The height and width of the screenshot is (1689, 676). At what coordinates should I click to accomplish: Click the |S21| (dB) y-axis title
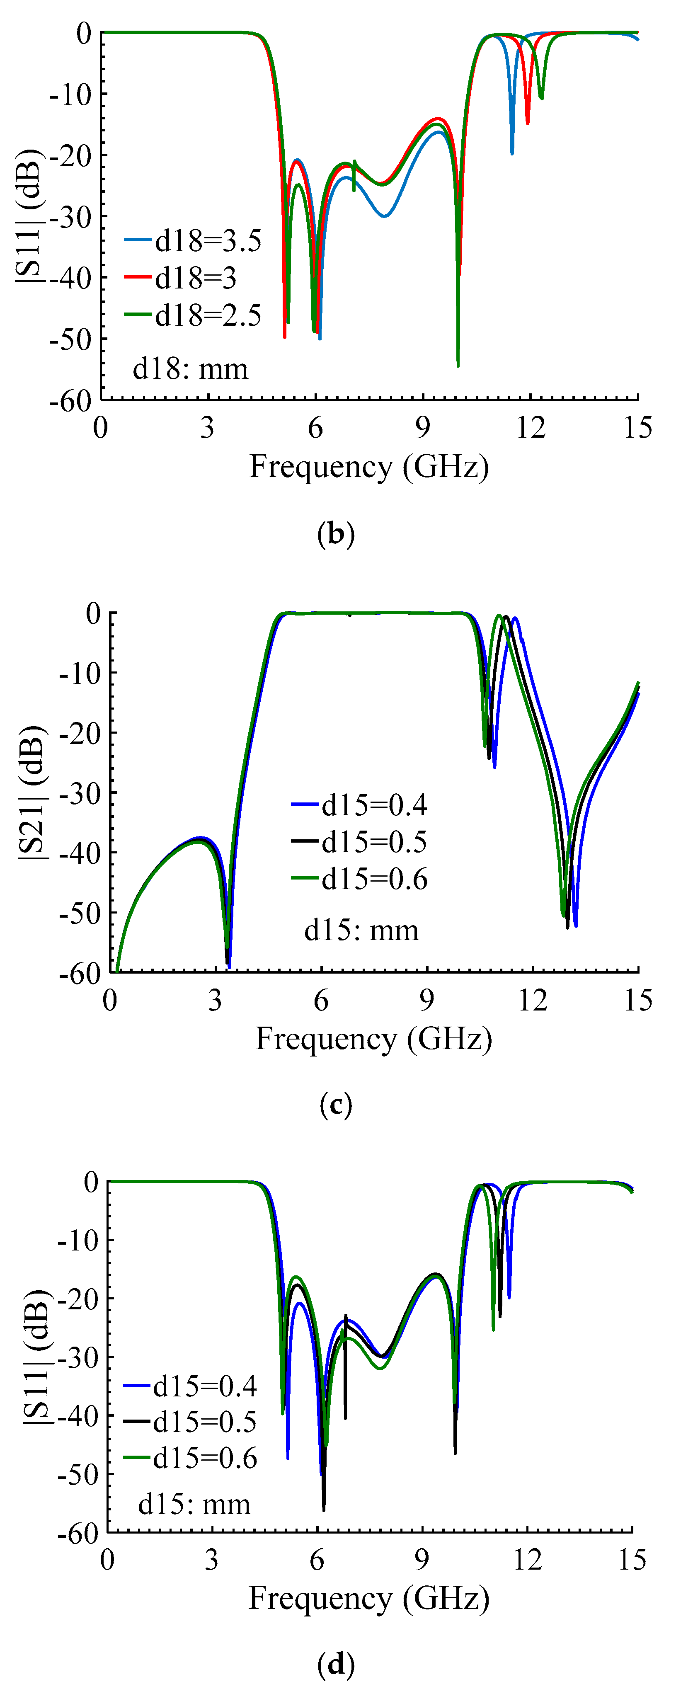tap(33, 793)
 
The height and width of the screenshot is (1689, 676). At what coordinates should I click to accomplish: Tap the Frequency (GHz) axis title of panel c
tap(374, 1039)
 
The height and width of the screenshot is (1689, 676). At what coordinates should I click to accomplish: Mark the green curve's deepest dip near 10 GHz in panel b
tap(458, 365)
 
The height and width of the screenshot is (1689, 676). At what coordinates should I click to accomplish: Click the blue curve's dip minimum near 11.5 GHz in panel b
tap(512, 153)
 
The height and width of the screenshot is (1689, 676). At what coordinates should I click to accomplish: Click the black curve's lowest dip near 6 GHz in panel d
tap(323, 1510)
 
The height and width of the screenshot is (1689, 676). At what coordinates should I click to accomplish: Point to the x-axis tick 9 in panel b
tap(423, 428)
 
